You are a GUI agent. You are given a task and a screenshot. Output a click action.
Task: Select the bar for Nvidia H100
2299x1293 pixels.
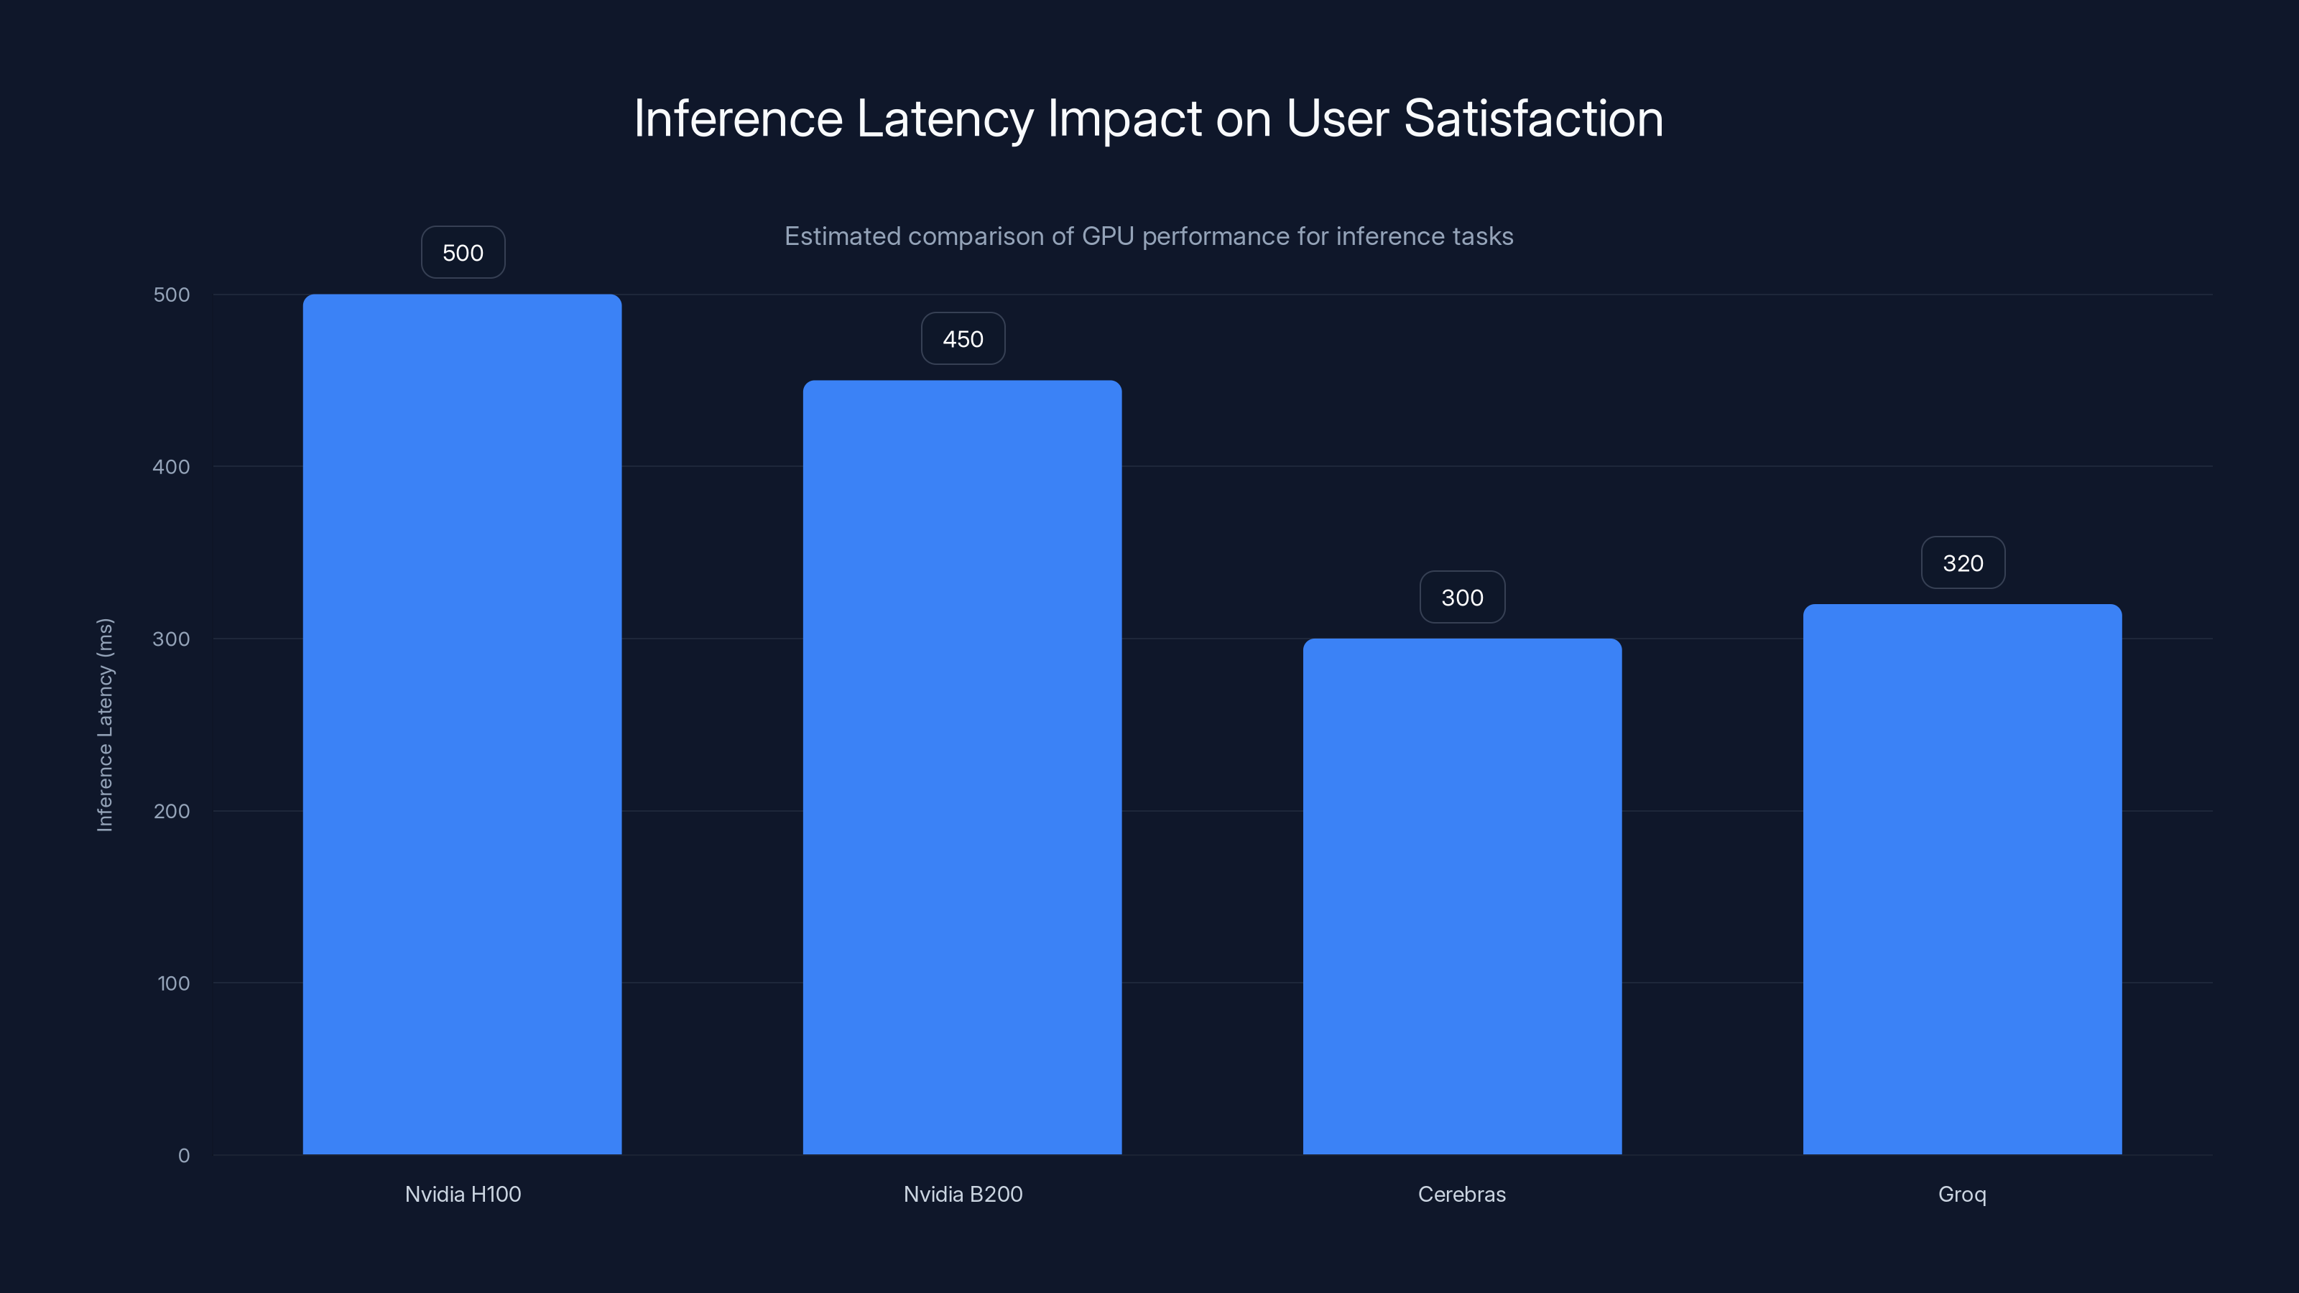pos(461,723)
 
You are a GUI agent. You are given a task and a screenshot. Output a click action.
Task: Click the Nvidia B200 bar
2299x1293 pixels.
pos(962,767)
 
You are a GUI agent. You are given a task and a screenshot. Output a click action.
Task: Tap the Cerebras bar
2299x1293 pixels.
pos(1462,896)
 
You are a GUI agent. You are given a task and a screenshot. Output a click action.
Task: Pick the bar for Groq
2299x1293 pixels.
pos(1961,879)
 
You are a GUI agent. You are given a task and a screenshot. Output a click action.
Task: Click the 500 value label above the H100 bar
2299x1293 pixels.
pos(462,253)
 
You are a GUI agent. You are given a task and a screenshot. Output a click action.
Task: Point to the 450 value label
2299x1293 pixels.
pos(962,339)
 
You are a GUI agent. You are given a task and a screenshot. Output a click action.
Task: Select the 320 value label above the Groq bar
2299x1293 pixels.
pos(1963,563)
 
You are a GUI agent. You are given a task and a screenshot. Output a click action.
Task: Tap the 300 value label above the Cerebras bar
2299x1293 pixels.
pos(1462,598)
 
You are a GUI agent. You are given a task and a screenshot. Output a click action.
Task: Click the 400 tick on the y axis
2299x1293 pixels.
pos(172,467)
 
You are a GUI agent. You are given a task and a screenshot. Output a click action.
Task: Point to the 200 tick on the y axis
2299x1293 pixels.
pos(172,811)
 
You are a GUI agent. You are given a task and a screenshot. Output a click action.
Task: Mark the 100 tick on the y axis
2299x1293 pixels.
pos(173,983)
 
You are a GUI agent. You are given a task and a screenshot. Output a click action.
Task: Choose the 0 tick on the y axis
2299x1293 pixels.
pos(184,1156)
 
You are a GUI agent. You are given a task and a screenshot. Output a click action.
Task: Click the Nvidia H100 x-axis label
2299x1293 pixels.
pos(462,1194)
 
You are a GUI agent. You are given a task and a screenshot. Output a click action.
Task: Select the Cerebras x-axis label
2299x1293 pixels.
pos(1461,1194)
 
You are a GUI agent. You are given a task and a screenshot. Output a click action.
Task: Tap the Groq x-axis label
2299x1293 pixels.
pos(1961,1194)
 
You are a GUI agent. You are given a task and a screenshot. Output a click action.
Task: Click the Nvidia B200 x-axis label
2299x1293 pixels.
pos(962,1194)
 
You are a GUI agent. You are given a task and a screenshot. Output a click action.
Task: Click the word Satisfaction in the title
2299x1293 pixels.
pos(1532,119)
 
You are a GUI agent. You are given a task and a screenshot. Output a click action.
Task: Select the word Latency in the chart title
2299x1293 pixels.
pos(944,119)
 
